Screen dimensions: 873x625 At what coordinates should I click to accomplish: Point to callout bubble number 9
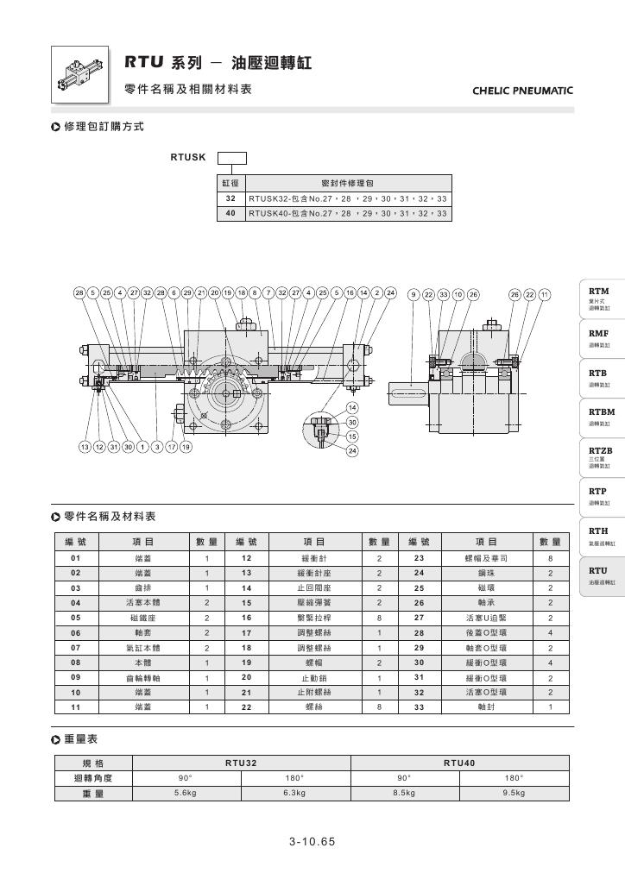414,294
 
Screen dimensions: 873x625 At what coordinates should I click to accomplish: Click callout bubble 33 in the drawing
443,294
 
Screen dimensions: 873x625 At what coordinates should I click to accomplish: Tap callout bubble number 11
544,294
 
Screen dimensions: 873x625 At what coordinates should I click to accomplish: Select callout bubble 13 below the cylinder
85,447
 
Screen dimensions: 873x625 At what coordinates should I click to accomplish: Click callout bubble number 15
352,436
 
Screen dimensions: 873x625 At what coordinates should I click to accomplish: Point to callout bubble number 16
350,293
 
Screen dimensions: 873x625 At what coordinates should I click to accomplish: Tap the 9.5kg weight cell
513,792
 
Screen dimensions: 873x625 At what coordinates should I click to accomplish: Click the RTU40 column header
459,763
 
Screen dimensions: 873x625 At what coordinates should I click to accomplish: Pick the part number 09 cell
76,678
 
